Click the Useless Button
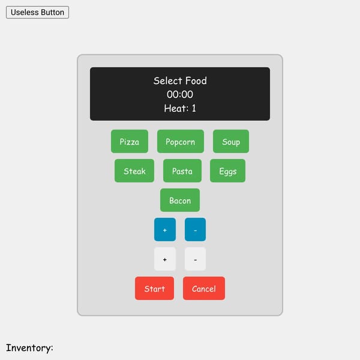(x=37, y=13)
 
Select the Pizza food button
(x=130, y=142)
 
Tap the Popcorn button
(x=181, y=142)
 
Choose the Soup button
(x=231, y=142)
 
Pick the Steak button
(x=134, y=171)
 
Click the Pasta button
(x=182, y=171)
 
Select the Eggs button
(x=227, y=171)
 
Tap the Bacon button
(x=180, y=200)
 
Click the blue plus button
(x=165, y=230)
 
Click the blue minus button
(x=195, y=230)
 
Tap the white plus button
(x=165, y=259)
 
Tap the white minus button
(x=195, y=259)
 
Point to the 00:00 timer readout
(x=180, y=94)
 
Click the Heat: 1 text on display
(x=180, y=108)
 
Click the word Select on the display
(x=168, y=81)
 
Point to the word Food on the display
(x=196, y=81)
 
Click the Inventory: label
(x=29, y=348)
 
